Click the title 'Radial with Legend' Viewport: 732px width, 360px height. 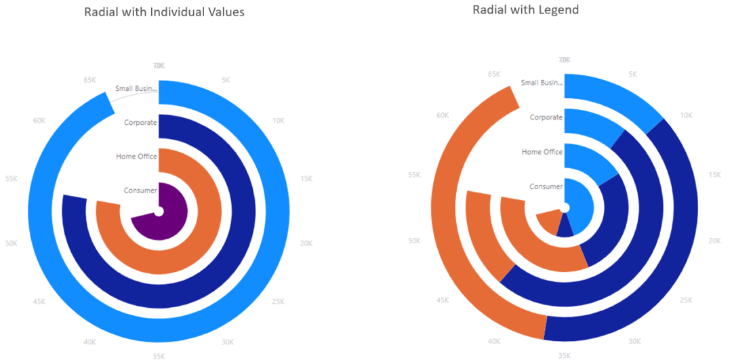pyautogui.click(x=525, y=9)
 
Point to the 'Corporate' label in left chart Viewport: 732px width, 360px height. pyautogui.click(x=140, y=123)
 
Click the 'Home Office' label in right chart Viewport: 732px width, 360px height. pyautogui.click(x=542, y=152)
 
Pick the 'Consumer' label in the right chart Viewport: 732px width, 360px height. pyautogui.click(x=546, y=186)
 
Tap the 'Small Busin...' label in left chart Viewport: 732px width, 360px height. pyautogui.click(x=136, y=88)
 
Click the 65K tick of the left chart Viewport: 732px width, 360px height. pyautogui.click(x=89, y=80)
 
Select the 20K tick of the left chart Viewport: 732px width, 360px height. pyautogui.click(x=306, y=243)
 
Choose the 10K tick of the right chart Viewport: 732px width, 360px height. pyautogui.click(x=686, y=115)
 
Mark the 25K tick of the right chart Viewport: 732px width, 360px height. pyautogui.click(x=685, y=300)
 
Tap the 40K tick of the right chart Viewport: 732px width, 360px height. pyautogui.click(x=494, y=342)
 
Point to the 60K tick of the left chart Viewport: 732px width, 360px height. pyautogui.click(x=39, y=121)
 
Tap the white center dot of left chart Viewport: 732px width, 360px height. pyautogui.click(x=158, y=212)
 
